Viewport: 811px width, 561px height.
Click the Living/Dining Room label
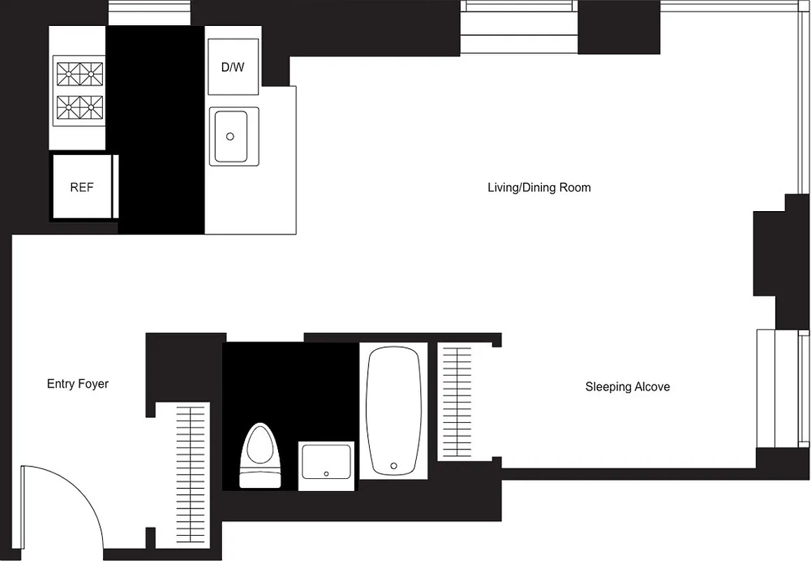tap(539, 187)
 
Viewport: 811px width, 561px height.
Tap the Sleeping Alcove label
tap(628, 386)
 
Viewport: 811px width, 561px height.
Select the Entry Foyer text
tap(78, 384)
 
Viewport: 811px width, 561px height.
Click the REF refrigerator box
tap(81, 187)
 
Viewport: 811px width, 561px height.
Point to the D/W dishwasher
tap(233, 67)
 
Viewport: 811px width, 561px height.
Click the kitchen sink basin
tap(231, 136)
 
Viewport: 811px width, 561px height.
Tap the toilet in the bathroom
tap(260, 452)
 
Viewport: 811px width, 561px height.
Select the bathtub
tap(394, 411)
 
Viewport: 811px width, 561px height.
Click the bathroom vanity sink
tap(326, 465)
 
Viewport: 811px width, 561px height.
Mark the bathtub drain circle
tap(394, 465)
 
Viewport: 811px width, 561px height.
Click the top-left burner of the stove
tap(69, 71)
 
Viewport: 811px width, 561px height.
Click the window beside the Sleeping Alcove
tap(779, 388)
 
